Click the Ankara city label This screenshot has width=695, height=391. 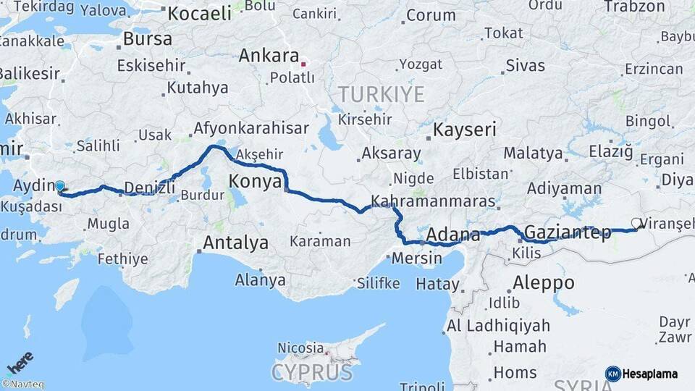pyautogui.click(x=269, y=56)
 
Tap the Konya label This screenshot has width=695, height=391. pyautogui.click(x=255, y=181)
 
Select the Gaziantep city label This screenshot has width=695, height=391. pyautogui.click(x=567, y=232)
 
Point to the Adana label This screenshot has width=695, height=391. pyautogui.click(x=453, y=235)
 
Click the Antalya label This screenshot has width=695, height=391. pyautogui.click(x=235, y=243)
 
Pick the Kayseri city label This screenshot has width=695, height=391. pyautogui.click(x=465, y=130)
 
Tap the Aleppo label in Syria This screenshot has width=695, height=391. pyautogui.click(x=543, y=282)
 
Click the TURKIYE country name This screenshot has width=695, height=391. pyautogui.click(x=381, y=94)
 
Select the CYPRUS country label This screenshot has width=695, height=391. pyautogui.click(x=312, y=373)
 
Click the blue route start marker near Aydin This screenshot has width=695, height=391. pyautogui.click(x=60, y=187)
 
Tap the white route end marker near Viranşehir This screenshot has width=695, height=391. pyautogui.click(x=636, y=224)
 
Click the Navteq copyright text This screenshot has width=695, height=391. pyautogui.click(x=22, y=384)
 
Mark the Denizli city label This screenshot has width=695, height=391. pyautogui.click(x=150, y=188)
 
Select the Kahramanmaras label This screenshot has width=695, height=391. pyautogui.click(x=433, y=201)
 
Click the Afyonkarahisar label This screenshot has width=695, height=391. pyautogui.click(x=250, y=129)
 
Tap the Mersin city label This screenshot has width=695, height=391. pyautogui.click(x=416, y=258)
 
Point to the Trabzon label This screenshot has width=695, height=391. pyautogui.click(x=634, y=7)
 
